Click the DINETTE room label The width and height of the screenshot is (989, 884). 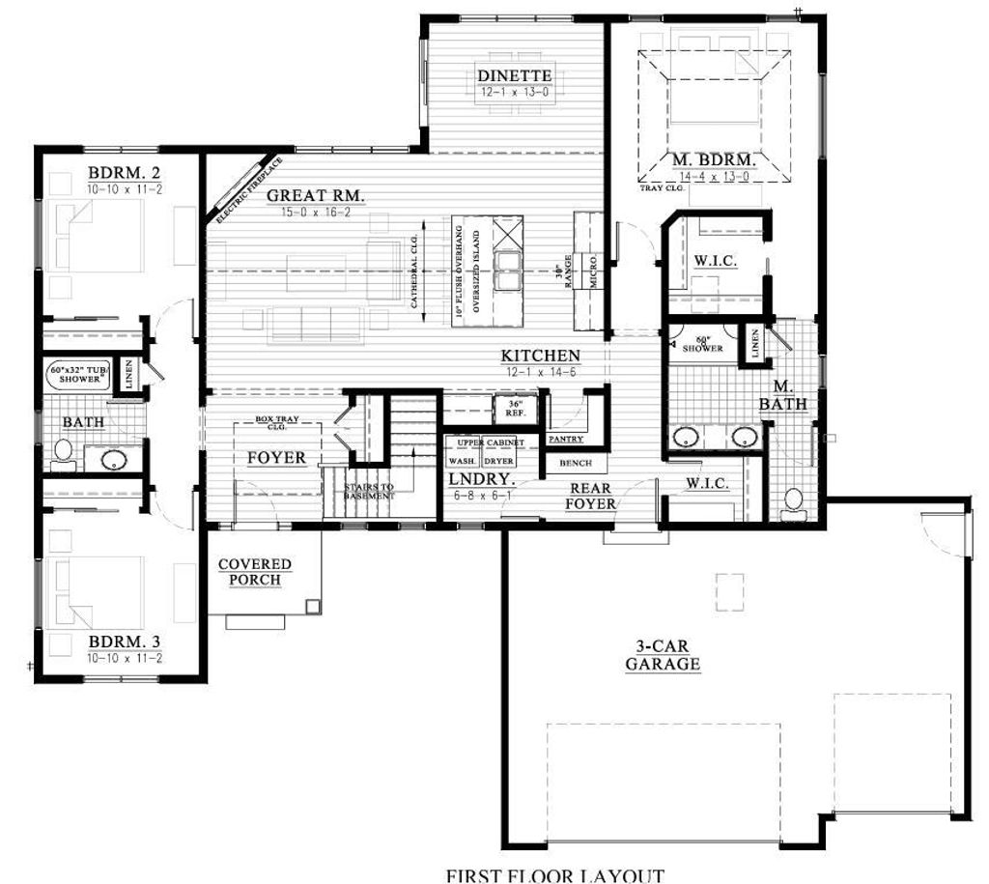pyautogui.click(x=515, y=75)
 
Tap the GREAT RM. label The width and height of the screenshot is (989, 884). pyautogui.click(x=316, y=196)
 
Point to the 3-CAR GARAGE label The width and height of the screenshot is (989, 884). pyautogui.click(x=663, y=656)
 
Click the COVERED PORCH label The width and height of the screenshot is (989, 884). pyautogui.click(x=254, y=572)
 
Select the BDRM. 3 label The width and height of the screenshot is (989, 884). pyautogui.click(x=124, y=642)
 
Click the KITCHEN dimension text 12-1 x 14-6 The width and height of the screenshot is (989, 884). pyautogui.click(x=540, y=372)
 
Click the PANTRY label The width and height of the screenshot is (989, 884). pyautogui.click(x=565, y=440)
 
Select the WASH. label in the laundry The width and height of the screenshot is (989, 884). pyautogui.click(x=463, y=461)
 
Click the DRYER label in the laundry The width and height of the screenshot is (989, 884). pyautogui.click(x=498, y=461)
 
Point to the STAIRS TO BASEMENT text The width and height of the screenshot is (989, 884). pyautogui.click(x=369, y=491)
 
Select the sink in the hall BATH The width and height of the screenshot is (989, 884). pyautogui.click(x=114, y=459)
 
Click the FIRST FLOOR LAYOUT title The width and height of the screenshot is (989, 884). pyautogui.click(x=554, y=875)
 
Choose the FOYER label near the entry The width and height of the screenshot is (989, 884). pyautogui.click(x=276, y=458)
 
